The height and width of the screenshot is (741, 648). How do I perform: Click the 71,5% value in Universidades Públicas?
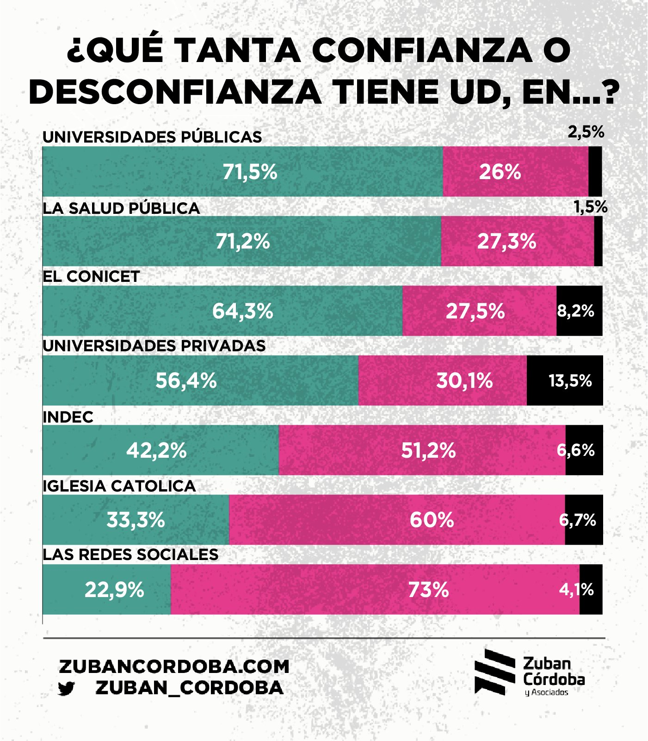click(x=250, y=172)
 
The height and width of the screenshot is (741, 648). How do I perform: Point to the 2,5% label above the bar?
click(x=586, y=132)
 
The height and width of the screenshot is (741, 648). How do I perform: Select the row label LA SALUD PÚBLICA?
click(x=121, y=208)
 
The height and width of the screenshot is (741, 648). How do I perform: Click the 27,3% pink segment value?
click(x=506, y=242)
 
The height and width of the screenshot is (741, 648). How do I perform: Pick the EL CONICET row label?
click(x=91, y=277)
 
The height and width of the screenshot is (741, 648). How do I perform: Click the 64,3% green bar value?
click(x=242, y=311)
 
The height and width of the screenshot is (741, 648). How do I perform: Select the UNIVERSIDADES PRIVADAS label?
click(x=154, y=346)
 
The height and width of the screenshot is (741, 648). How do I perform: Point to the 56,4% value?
click(x=186, y=381)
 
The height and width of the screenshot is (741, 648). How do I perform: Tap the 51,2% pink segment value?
click(x=428, y=450)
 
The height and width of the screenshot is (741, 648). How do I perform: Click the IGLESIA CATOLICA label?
click(x=119, y=486)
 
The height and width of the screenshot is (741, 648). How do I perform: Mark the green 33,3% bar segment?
click(x=136, y=520)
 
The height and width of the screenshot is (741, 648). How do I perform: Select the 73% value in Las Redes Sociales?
click(x=428, y=590)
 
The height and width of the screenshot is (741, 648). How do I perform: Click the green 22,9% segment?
click(x=114, y=590)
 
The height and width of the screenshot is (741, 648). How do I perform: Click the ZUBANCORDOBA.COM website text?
click(x=174, y=666)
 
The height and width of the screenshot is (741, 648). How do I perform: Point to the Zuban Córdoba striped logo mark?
click(x=494, y=672)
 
